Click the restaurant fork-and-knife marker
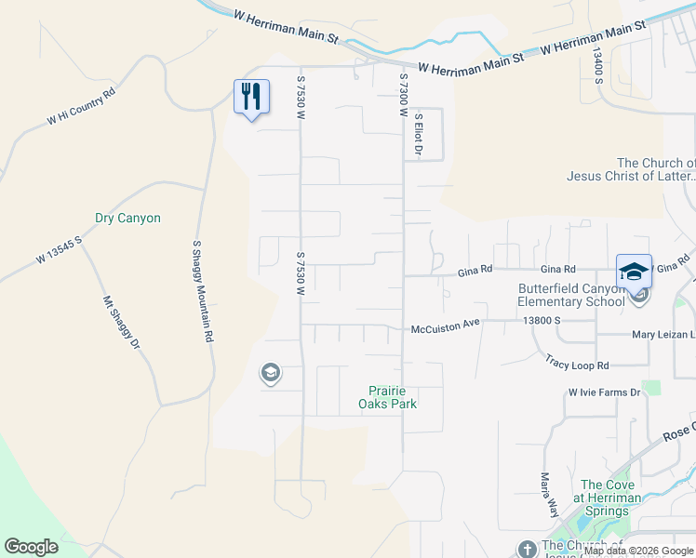[x=251, y=97]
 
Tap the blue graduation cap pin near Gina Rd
[x=634, y=272]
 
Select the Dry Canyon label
[x=128, y=219]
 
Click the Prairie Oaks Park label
[x=388, y=397]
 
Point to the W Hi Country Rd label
[x=81, y=107]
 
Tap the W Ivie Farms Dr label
[x=605, y=392]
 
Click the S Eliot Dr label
[x=419, y=136]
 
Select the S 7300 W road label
[x=404, y=95]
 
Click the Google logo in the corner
[x=31, y=547]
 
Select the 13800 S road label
[x=543, y=321]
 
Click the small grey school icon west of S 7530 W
[x=270, y=374]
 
